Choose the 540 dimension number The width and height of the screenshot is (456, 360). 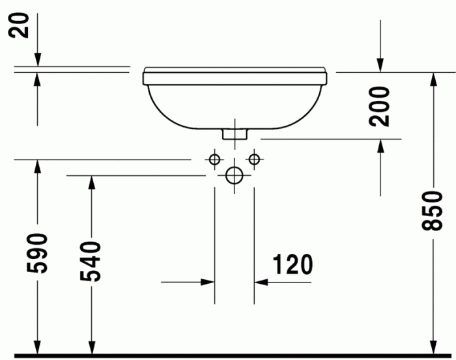(x=91, y=261)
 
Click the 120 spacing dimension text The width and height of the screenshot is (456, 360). (x=292, y=264)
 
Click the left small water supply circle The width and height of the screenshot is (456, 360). (x=214, y=159)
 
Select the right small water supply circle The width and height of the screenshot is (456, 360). (x=254, y=159)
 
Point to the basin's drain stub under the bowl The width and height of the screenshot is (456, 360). (x=235, y=133)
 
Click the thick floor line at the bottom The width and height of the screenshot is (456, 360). (x=228, y=355)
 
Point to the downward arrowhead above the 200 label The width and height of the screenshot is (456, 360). (x=380, y=63)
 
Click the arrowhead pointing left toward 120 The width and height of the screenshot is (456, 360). (x=262, y=282)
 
